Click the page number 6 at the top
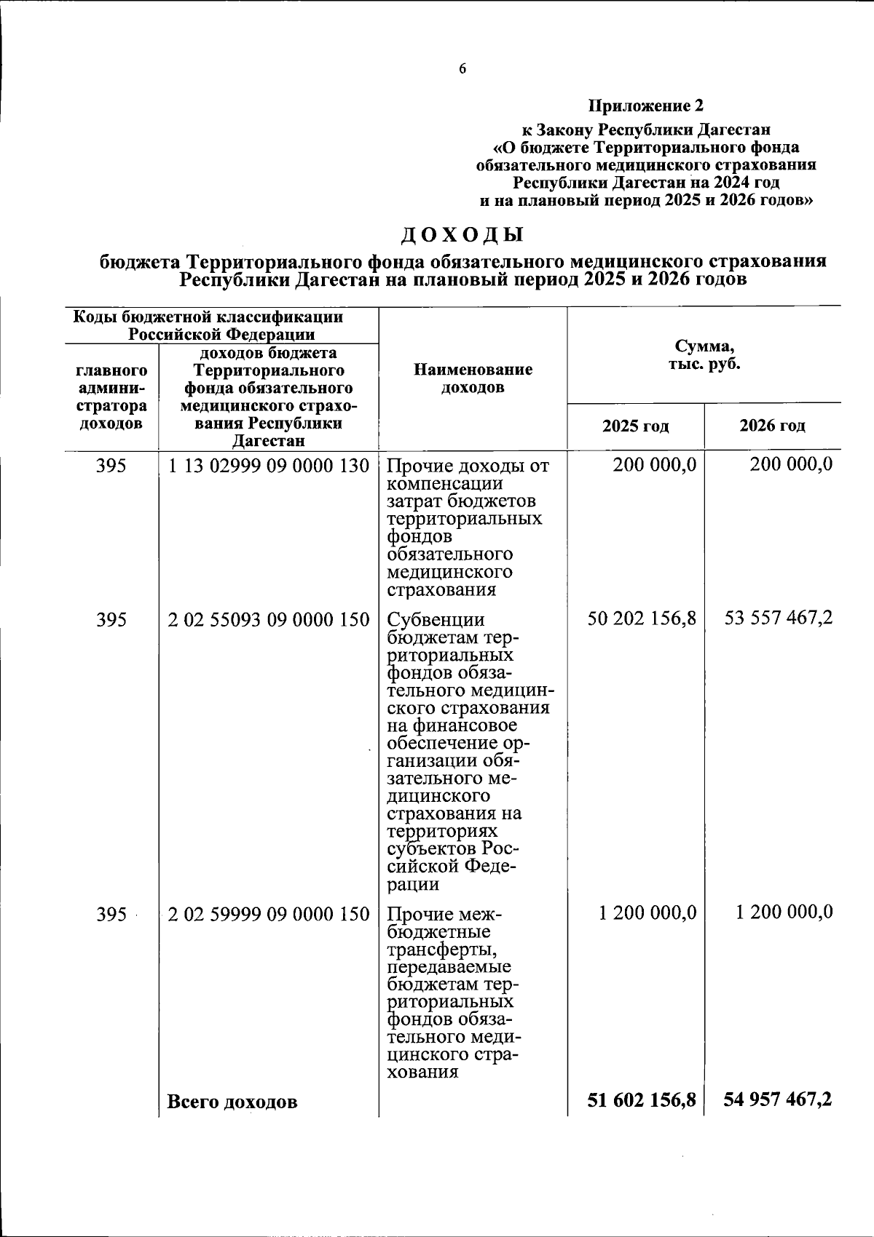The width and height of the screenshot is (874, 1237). [x=462, y=69]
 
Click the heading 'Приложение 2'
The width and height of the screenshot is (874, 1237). [x=646, y=106]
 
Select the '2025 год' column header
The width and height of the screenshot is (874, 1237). [x=635, y=426]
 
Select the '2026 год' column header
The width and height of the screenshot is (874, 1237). [x=772, y=426]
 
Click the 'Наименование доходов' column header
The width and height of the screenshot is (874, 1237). [x=473, y=378]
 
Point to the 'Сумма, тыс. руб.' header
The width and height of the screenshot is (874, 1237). [x=704, y=355]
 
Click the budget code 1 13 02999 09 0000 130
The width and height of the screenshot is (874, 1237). [x=269, y=466]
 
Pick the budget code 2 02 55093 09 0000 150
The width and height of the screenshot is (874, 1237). [x=269, y=620]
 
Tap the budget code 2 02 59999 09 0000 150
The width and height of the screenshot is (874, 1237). [x=269, y=914]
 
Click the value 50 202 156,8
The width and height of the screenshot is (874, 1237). [x=642, y=618]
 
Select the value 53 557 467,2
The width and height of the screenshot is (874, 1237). [x=779, y=618]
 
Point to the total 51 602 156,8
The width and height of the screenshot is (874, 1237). [x=642, y=1099]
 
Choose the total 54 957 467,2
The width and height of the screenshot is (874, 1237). [x=778, y=1099]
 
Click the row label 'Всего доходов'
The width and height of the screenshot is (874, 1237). [x=232, y=1102]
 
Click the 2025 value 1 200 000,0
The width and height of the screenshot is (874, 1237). [x=647, y=912]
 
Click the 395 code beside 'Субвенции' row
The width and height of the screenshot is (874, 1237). [x=111, y=620]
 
